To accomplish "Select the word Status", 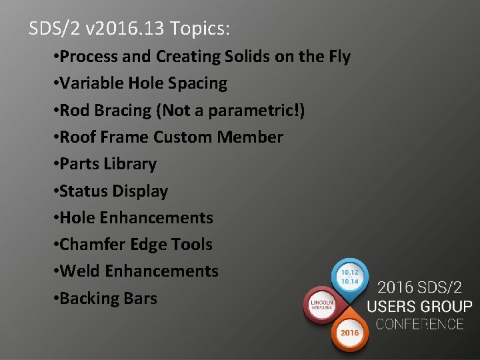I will (x=81, y=191).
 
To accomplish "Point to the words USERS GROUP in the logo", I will (x=420, y=307).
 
